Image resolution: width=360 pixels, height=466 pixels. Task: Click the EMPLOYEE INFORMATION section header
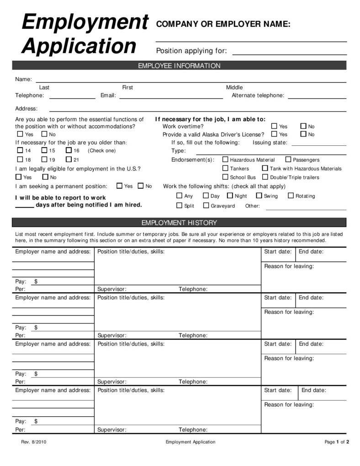click(x=179, y=66)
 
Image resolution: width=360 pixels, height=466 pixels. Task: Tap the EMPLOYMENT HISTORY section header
click(x=179, y=223)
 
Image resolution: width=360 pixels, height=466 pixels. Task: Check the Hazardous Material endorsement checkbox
click(x=225, y=159)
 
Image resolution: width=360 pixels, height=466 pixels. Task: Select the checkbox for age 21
click(x=69, y=159)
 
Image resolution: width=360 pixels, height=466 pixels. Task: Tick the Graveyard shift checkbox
click(x=206, y=206)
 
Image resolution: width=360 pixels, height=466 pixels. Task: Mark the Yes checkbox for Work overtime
click(x=274, y=126)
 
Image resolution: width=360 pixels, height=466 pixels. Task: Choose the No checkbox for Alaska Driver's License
click(x=303, y=134)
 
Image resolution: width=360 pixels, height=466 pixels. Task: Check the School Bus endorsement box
click(x=225, y=177)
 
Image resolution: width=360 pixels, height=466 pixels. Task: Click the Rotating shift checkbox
click(x=291, y=196)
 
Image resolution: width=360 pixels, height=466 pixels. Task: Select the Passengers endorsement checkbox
click(x=288, y=159)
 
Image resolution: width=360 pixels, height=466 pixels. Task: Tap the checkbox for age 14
click(x=20, y=150)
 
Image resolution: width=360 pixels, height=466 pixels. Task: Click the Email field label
click(x=108, y=95)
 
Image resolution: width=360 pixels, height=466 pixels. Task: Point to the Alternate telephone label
click(x=258, y=95)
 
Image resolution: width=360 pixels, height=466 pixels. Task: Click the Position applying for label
click(x=191, y=51)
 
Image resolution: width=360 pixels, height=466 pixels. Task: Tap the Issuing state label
click(x=270, y=143)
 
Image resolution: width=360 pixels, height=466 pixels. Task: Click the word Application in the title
click(x=79, y=46)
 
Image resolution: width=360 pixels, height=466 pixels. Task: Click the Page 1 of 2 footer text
click(x=337, y=442)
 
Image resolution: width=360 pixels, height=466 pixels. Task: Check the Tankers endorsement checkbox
click(x=225, y=168)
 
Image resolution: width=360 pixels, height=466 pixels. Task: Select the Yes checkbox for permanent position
click(x=119, y=186)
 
